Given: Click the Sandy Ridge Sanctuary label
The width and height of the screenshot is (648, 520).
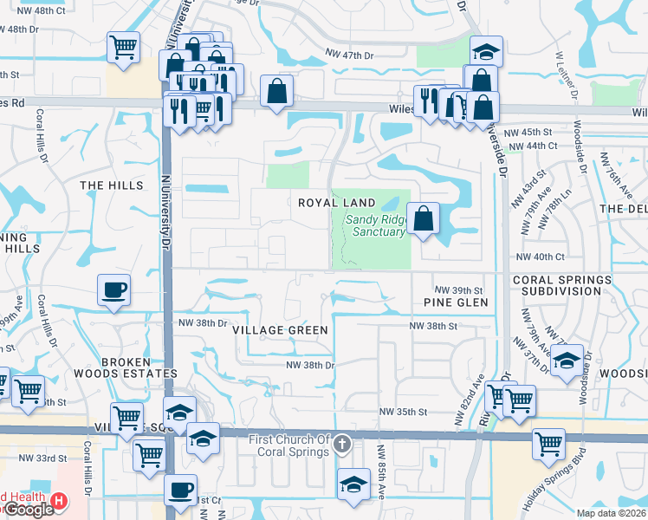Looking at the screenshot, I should (375, 225).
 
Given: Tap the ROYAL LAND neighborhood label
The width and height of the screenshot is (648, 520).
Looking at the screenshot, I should (337, 202).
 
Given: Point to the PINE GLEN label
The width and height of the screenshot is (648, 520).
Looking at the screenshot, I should (456, 302).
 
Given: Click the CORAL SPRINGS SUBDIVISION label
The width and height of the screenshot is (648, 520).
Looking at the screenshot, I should (567, 285).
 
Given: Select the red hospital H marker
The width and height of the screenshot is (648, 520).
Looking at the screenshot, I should (59, 500).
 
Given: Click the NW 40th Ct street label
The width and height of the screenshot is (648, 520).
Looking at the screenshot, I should (540, 257).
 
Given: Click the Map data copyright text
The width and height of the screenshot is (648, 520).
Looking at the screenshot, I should (612, 513).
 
